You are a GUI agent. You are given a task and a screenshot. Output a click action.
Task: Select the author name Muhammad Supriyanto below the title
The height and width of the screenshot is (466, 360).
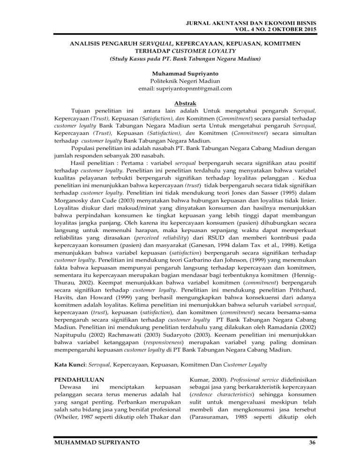point(180,74)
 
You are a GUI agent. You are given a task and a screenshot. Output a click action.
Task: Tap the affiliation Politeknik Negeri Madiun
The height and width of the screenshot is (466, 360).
point(180,81)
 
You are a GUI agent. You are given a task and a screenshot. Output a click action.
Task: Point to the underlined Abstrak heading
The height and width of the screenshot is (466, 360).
point(180,103)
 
